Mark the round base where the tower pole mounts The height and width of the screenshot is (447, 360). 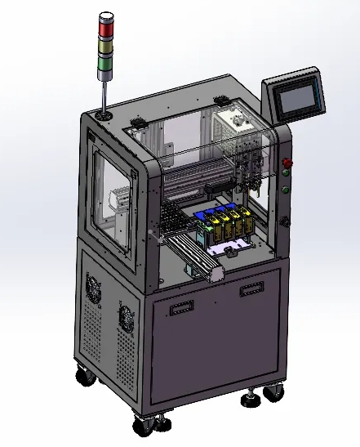tap(104, 115)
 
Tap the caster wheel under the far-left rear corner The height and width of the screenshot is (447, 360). tap(84, 377)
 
